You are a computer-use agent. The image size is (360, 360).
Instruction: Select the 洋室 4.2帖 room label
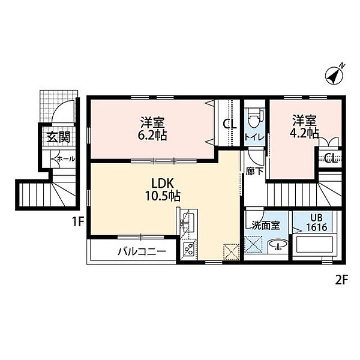pyautogui.click(x=305, y=127)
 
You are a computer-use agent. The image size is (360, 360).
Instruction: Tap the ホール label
pyautogui.click(x=65, y=160)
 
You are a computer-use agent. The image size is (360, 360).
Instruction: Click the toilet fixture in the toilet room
pyautogui.click(x=253, y=116)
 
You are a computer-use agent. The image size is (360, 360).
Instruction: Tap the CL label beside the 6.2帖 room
pyautogui.click(x=229, y=125)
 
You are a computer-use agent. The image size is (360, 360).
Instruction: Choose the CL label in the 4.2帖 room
pyautogui.click(x=330, y=158)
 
